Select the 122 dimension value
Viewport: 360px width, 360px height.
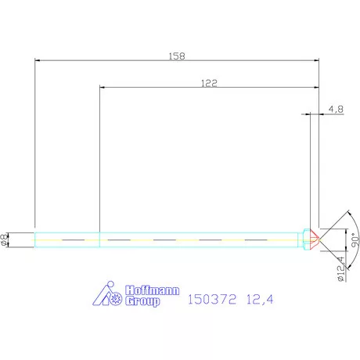pos(208,81)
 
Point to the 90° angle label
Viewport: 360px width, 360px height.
pos(355,237)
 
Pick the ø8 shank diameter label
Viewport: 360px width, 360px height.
pos(5,239)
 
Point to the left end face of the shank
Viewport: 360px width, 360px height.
pos(35,238)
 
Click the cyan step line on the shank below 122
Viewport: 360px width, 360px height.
pos(99,238)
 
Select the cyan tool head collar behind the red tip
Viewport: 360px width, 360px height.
pos(304,238)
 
